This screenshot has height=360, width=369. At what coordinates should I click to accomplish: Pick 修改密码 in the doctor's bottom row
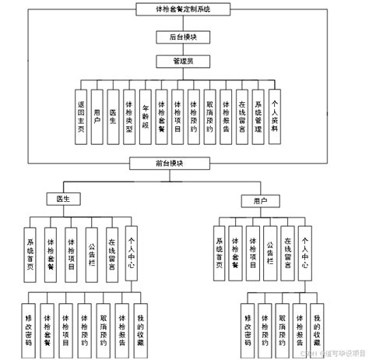tap(29, 330)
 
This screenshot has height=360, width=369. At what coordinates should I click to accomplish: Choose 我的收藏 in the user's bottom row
tap(317, 330)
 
